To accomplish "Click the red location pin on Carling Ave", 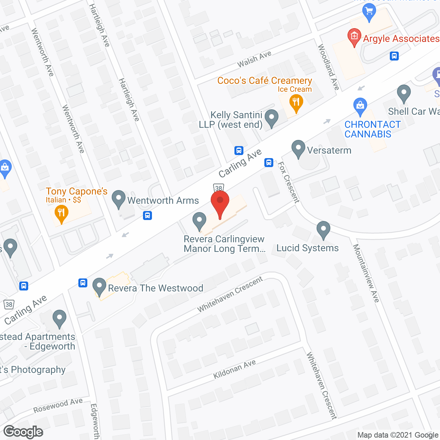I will (220, 203).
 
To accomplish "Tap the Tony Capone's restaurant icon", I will (61, 213).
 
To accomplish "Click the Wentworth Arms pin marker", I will (119, 198).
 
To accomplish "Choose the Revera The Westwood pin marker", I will (99, 286).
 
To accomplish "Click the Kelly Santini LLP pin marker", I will (272, 118).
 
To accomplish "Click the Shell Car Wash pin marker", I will (404, 93).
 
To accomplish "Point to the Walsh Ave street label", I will (254, 59).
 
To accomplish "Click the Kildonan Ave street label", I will (234, 369).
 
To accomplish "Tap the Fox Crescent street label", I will (288, 182).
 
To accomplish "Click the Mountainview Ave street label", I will (366, 273).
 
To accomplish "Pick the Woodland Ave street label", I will (328, 67).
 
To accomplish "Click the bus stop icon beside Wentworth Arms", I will (147, 216).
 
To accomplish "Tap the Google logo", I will (23, 432).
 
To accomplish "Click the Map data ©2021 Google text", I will (398, 435).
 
